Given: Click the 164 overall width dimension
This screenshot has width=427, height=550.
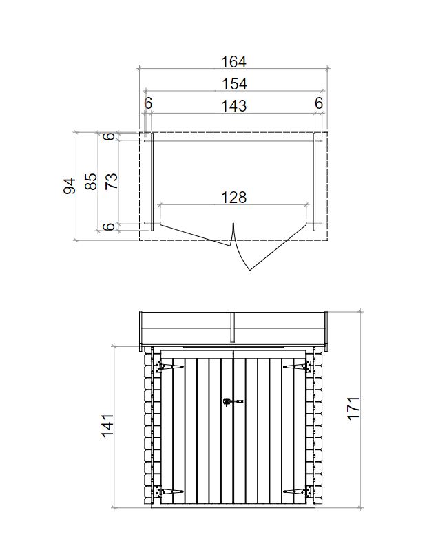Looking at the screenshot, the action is (233, 62).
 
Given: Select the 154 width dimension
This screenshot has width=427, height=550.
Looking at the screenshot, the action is (234, 84).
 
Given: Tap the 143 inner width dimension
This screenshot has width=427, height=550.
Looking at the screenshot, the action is (234, 105).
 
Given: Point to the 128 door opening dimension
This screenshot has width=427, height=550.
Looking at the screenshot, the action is (233, 198).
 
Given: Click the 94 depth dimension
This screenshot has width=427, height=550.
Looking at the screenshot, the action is (70, 186).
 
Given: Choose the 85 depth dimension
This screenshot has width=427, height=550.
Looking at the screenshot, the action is (91, 181).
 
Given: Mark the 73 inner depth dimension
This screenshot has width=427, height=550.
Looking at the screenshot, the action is (112, 181).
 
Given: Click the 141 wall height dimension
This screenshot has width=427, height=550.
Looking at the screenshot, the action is (107, 425).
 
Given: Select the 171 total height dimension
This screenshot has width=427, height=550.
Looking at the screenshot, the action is (353, 408).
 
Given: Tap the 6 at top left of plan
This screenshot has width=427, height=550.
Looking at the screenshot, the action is (148, 103).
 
